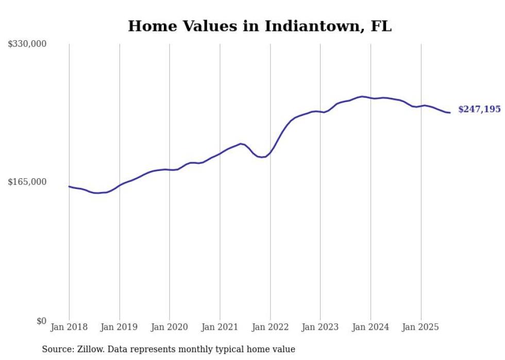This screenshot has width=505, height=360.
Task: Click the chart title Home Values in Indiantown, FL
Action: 260,26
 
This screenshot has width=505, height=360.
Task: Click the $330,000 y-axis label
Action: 27,44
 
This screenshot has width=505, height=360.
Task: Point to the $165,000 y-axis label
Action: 27,182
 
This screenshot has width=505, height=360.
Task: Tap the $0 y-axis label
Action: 41,321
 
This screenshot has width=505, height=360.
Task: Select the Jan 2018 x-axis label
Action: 69,327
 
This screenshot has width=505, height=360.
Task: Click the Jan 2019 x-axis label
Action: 120,327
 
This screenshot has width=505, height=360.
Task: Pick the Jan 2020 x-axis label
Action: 170,327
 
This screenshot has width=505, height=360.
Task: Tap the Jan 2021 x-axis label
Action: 220,327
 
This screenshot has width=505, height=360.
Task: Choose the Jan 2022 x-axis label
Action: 270,327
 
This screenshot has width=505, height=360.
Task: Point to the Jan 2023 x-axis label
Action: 320,327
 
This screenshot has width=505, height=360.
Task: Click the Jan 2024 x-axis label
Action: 371,327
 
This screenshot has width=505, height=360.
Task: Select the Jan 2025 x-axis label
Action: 420,327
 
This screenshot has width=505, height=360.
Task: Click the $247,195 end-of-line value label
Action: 479,110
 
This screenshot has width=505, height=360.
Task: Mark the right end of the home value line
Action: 450,113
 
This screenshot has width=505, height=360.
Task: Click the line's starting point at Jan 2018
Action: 69,186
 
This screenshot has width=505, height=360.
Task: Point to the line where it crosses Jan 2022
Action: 270,152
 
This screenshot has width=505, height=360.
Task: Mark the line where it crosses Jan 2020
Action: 170,169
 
